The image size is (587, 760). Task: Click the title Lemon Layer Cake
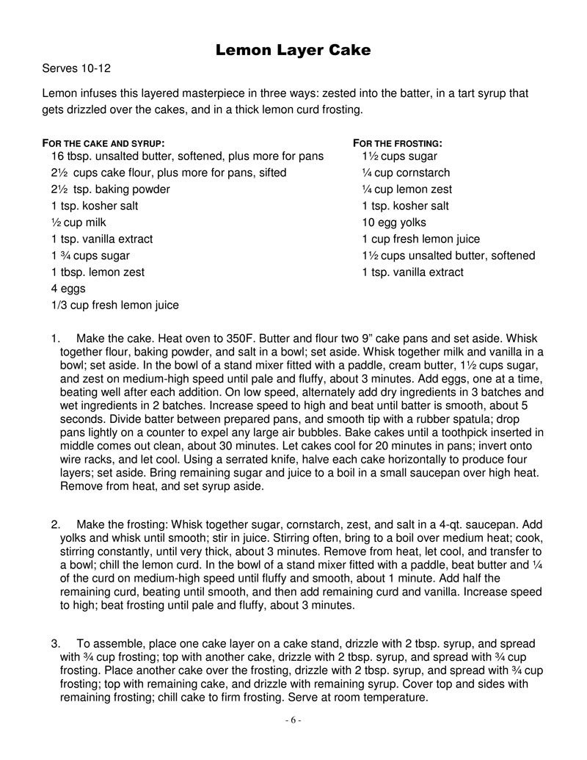[x=293, y=51]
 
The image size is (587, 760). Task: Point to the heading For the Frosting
[x=398, y=142]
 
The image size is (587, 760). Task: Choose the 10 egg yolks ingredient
[x=393, y=222]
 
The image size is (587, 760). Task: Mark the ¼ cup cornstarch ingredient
[x=406, y=173]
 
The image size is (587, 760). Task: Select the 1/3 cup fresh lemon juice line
[x=114, y=305]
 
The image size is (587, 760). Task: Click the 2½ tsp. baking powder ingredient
[x=110, y=189]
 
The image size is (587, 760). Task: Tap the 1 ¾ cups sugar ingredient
[x=90, y=256]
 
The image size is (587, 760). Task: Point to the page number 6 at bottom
[x=293, y=720]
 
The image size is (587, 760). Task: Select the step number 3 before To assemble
[x=55, y=644]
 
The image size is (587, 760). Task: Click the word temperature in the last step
[x=395, y=698]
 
